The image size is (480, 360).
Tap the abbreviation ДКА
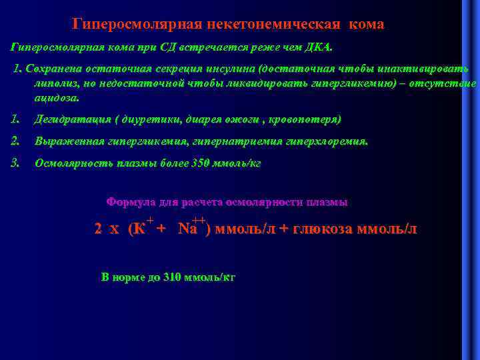click(324, 48)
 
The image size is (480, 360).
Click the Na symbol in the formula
click(187, 229)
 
